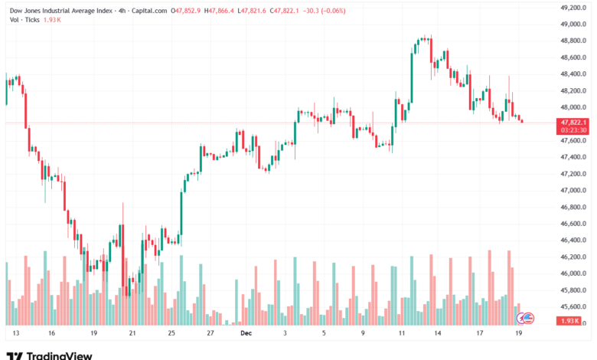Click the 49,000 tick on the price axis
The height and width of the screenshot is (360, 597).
point(573,25)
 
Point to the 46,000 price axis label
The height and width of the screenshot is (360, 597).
point(573,273)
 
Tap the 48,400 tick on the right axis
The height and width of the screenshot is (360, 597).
point(573,74)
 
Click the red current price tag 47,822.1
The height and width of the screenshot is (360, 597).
point(573,122)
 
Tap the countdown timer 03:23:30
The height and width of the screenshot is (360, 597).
point(573,130)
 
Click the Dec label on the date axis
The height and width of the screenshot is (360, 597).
point(246,334)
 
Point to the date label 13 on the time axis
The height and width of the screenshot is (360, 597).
point(15,334)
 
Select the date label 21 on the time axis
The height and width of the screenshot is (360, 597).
point(132,334)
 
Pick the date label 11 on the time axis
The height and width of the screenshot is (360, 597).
point(401,334)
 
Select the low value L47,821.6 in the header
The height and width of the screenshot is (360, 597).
point(258,11)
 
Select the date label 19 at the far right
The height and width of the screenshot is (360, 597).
point(519,334)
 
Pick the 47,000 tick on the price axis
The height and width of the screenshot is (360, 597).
point(573,191)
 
